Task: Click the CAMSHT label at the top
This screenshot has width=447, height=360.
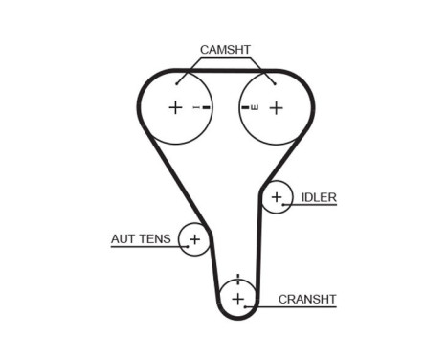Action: point(226,48)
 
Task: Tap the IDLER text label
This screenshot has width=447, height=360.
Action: point(319,197)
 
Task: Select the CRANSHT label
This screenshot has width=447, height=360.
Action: point(307,299)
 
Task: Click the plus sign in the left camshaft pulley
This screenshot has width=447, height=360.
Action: point(175,108)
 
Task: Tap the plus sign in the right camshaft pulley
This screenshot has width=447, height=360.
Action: point(277,108)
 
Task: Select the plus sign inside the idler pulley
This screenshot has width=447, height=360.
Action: point(277,197)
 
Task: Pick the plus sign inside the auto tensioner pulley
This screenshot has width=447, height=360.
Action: point(194,239)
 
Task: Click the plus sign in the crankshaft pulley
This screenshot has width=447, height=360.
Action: point(237,299)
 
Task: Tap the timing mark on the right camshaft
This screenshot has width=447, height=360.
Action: point(250,108)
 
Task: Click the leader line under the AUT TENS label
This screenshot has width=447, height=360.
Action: point(144,247)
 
